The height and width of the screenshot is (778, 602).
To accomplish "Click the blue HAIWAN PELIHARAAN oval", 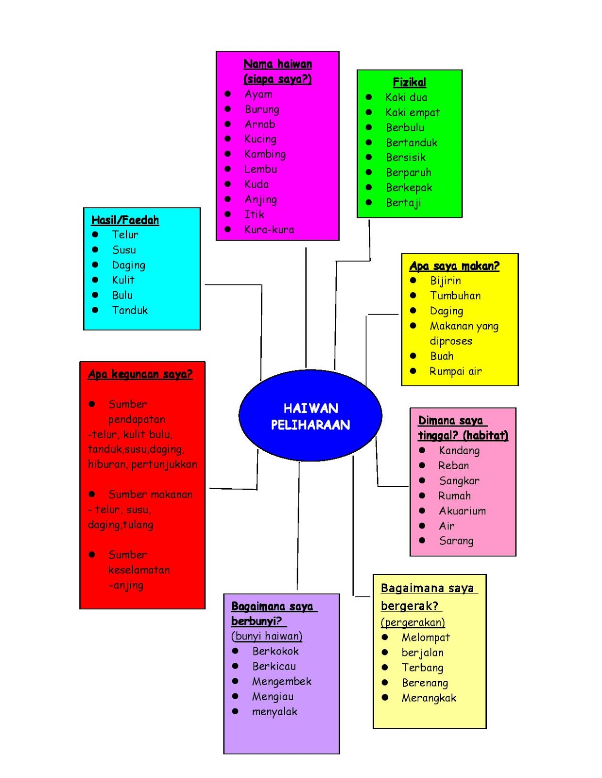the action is pyautogui.click(x=310, y=416).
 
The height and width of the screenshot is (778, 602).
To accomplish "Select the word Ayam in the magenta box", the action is pyautogui.click(x=258, y=94).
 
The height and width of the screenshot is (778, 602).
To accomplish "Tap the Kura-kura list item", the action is pyautogui.click(x=269, y=230).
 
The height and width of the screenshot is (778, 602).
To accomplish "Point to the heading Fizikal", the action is pyautogui.click(x=409, y=82).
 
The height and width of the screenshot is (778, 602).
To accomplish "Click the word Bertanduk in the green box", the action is pyautogui.click(x=411, y=142).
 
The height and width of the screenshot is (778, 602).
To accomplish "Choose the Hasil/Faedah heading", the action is pyautogui.click(x=125, y=220).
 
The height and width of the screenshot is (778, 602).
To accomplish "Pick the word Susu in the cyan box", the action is pyautogui.click(x=124, y=250).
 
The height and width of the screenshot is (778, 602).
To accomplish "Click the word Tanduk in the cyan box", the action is pyautogui.click(x=130, y=310).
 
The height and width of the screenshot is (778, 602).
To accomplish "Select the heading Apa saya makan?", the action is pyautogui.click(x=454, y=266).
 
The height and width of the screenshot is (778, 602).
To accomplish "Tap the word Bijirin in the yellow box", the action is pyautogui.click(x=445, y=281).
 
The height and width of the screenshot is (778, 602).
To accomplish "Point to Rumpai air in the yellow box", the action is pyautogui.click(x=455, y=371).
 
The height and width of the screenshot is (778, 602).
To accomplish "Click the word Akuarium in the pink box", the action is pyautogui.click(x=462, y=511).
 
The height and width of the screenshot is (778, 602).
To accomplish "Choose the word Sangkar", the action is pyautogui.click(x=459, y=481).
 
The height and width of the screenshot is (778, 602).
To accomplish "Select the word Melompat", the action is pyautogui.click(x=426, y=637).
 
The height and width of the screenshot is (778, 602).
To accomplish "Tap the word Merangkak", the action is pyautogui.click(x=429, y=698).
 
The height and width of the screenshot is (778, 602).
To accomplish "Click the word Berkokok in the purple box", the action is pyautogui.click(x=275, y=651).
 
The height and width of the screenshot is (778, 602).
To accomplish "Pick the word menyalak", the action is pyautogui.click(x=275, y=712).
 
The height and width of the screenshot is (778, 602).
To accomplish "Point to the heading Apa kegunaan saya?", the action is pyautogui.click(x=140, y=374).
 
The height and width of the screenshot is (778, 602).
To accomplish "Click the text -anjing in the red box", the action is pyautogui.click(x=126, y=585).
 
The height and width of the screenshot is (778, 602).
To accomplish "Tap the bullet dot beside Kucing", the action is pyautogui.click(x=227, y=139).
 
